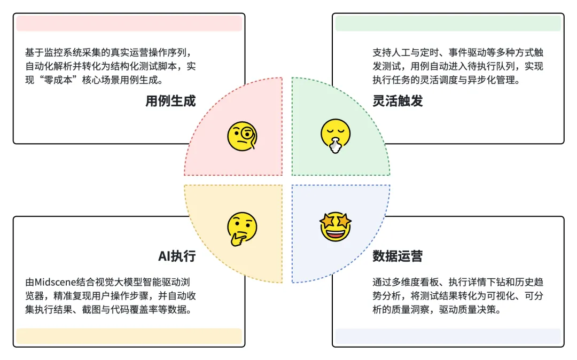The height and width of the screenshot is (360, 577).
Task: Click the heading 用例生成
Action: tap(170, 101)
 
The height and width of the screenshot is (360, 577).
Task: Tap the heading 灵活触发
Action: tap(397, 101)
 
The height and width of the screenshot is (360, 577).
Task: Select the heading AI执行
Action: tap(177, 256)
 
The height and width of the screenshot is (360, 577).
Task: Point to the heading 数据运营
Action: tap(397, 256)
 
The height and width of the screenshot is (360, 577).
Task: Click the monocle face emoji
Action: tap(241, 136)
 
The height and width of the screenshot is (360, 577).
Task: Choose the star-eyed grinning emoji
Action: tap(336, 226)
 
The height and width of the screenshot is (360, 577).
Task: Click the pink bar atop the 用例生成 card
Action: tap(129, 24)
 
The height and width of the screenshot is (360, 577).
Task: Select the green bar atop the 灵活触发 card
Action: tap(448, 24)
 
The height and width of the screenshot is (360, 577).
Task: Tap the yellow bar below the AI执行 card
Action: tap(129, 336)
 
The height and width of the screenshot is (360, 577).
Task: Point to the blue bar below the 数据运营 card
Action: tap(448, 336)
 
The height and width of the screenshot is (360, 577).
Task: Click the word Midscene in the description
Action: tap(55, 282)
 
